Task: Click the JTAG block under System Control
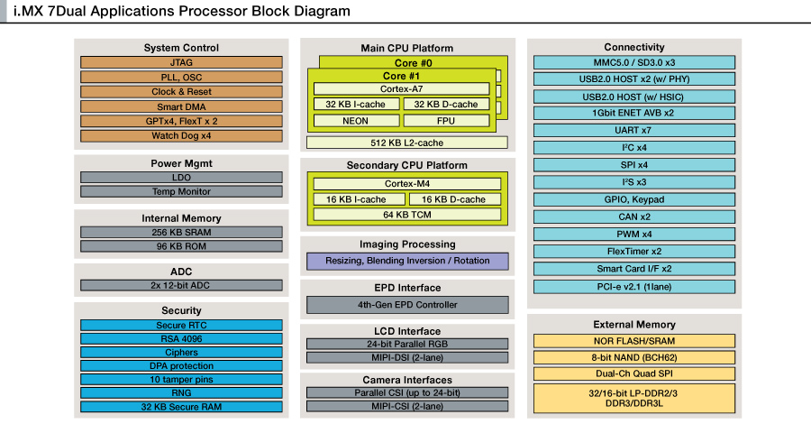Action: pos(181,62)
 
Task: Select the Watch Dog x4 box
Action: pos(181,135)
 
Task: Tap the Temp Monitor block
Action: pos(181,191)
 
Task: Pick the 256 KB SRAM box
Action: pos(181,232)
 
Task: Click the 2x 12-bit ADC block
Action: pos(181,285)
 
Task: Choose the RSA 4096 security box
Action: pos(181,339)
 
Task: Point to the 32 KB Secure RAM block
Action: pos(181,407)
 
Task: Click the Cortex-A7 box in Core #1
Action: pos(401,89)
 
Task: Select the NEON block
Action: pos(356,121)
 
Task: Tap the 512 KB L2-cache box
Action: pos(407,143)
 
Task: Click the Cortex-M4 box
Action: pos(407,184)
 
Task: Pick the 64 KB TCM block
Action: pos(407,215)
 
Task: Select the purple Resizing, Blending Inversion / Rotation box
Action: pos(407,261)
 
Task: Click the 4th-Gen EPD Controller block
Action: pos(407,305)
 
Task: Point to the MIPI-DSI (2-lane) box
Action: pos(407,357)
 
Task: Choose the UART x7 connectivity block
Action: pos(634,130)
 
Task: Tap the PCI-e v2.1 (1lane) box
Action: pos(634,287)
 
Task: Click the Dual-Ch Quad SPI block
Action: pos(634,373)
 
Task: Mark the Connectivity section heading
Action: pos(634,47)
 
